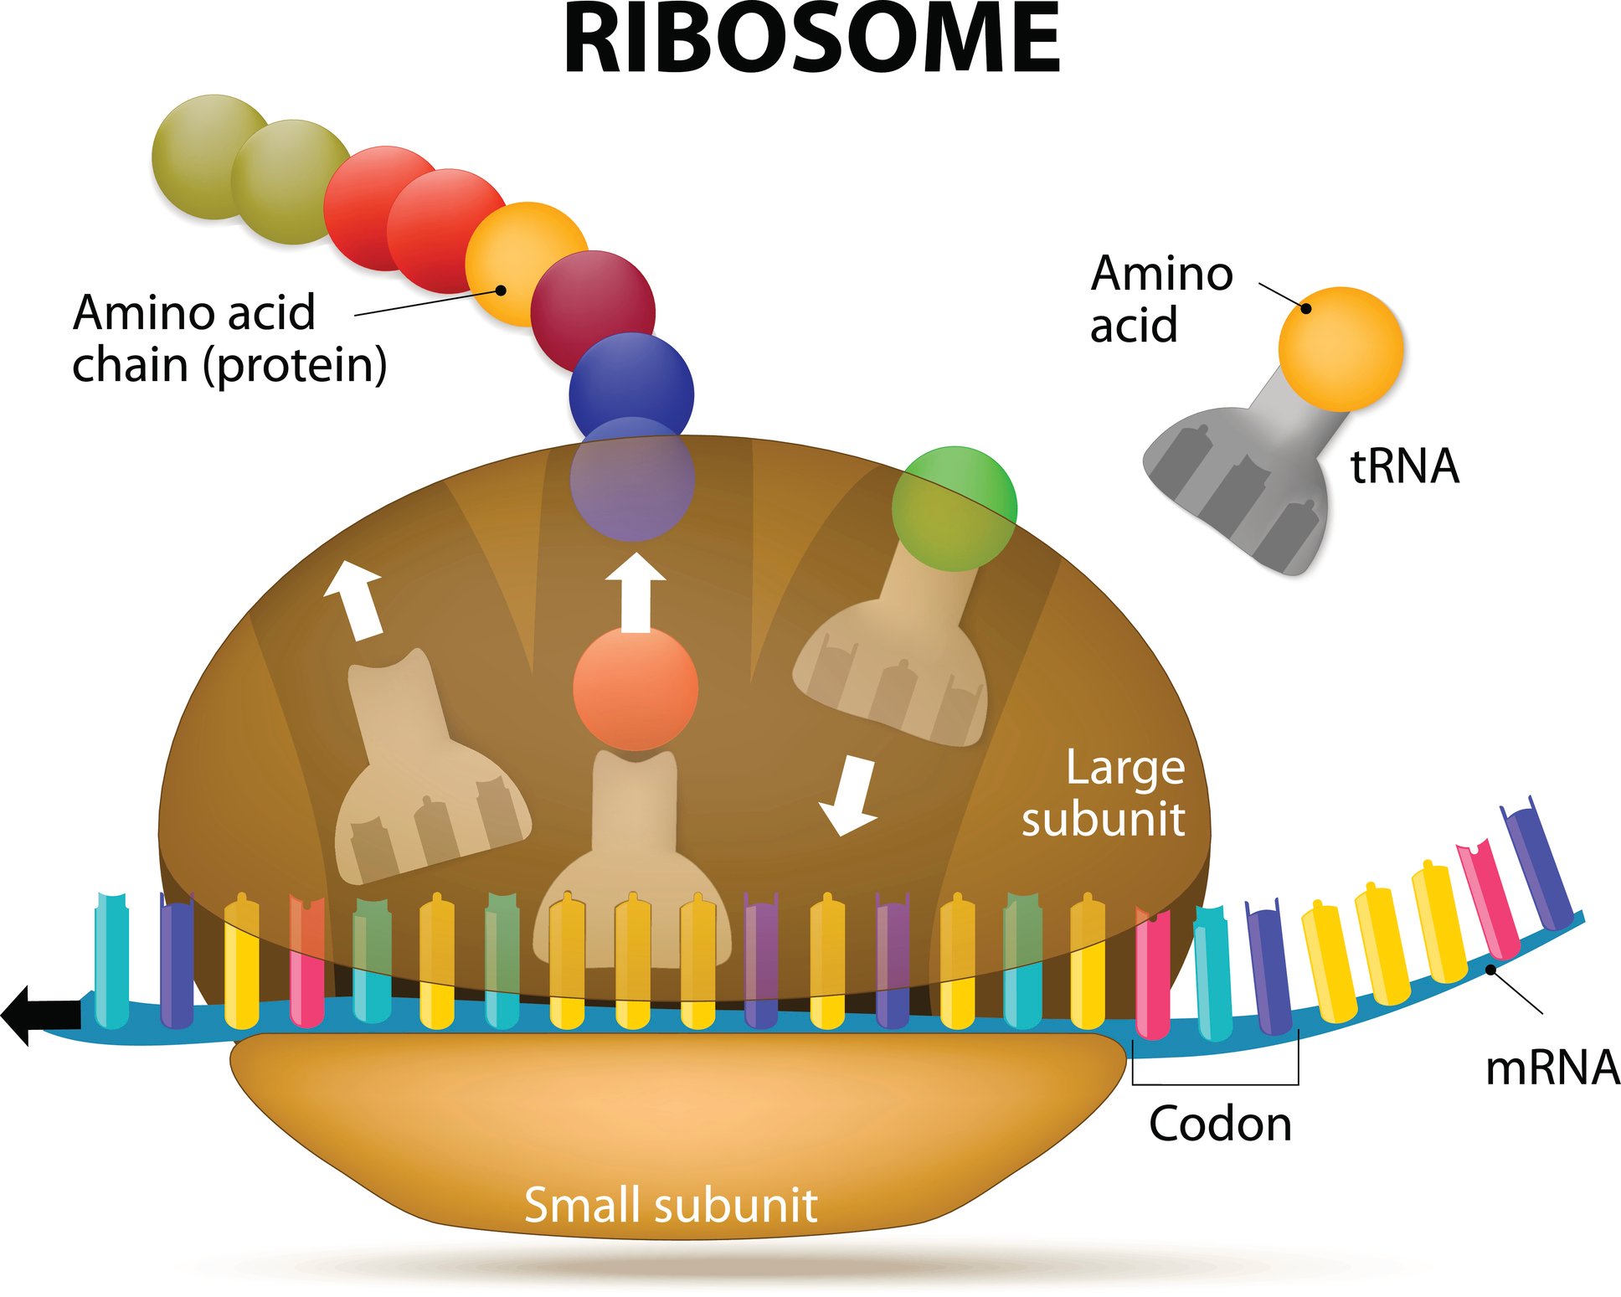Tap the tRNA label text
coord(1404,466)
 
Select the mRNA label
coord(1552,1068)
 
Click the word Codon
coord(1220,1124)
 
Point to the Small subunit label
coord(670,1205)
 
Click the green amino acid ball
coord(955,508)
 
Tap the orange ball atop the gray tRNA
coord(1341,349)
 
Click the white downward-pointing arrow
coord(850,795)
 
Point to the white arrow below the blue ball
coord(636,592)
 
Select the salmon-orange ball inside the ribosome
coord(636,687)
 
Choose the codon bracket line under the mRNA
coord(1215,1083)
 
